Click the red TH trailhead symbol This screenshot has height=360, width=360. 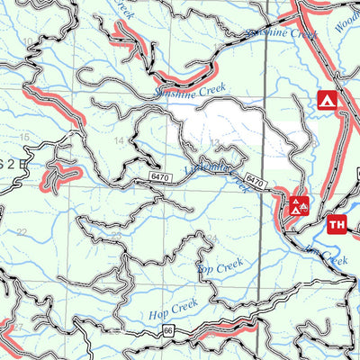pyautogui.click(x=337, y=224)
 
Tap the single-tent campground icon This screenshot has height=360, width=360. pyautogui.click(x=325, y=100)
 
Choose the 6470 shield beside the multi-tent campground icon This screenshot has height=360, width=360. pyautogui.click(x=255, y=182)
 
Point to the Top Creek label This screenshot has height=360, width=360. pyautogui.click(x=220, y=266)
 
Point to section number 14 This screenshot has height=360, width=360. pyautogui.click(x=118, y=142)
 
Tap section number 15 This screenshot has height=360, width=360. pyautogui.click(x=24, y=136)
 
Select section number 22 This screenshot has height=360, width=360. pyautogui.click(x=22, y=232)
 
